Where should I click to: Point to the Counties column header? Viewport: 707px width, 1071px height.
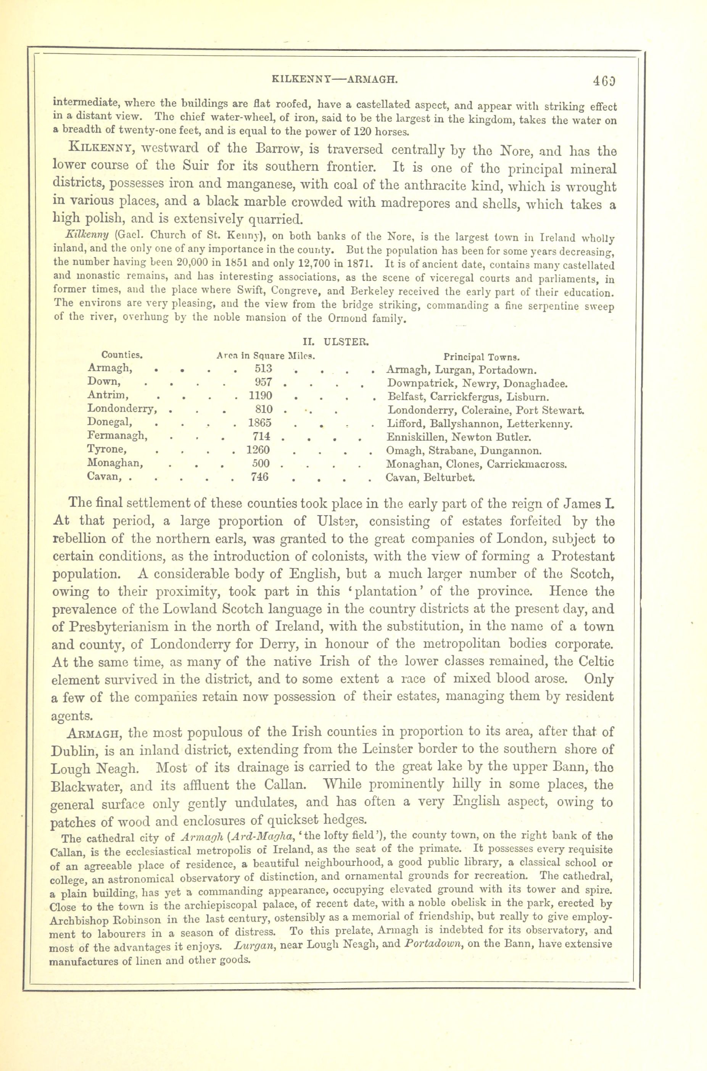pos(122,355)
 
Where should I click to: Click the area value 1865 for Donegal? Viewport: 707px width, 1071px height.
pos(260,423)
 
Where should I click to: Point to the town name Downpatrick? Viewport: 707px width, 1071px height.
pos(417,384)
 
